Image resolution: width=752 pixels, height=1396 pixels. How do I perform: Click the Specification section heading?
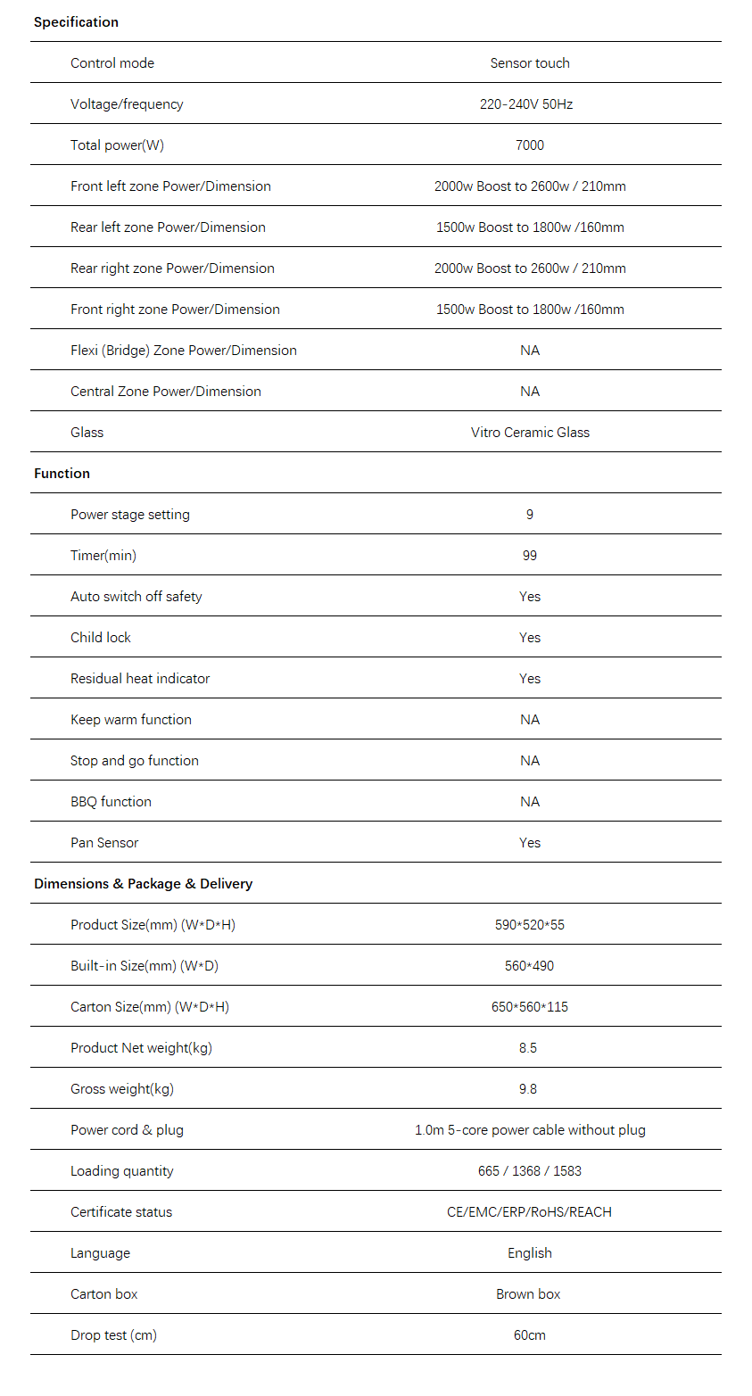click(x=76, y=22)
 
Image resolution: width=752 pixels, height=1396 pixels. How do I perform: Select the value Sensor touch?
click(x=530, y=63)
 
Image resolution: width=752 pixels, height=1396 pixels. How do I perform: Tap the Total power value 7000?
click(x=530, y=145)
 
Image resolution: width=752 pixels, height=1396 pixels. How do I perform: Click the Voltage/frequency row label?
click(x=127, y=104)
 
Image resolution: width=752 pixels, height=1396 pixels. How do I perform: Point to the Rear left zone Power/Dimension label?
click(x=168, y=227)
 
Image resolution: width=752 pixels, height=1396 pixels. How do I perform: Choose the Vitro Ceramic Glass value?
click(x=530, y=433)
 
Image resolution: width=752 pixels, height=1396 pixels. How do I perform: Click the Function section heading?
click(x=62, y=474)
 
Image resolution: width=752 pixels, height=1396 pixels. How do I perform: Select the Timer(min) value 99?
click(x=530, y=556)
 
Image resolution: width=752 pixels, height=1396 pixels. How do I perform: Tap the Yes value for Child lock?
click(x=530, y=638)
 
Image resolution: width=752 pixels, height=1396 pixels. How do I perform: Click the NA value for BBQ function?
click(x=530, y=802)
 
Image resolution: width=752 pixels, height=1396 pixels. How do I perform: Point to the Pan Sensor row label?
click(x=104, y=843)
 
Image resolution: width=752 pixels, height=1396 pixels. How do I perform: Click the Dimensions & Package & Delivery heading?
click(x=143, y=884)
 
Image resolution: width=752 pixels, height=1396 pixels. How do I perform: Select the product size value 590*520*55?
click(x=530, y=925)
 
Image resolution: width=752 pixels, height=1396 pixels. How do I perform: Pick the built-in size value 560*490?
click(x=530, y=966)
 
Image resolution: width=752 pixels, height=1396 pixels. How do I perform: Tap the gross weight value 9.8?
click(x=528, y=1089)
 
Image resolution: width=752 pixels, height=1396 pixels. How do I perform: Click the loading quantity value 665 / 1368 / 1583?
click(x=530, y=1171)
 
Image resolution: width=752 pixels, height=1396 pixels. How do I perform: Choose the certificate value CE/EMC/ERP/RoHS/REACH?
click(x=530, y=1212)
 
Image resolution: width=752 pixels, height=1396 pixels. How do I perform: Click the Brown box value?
click(x=528, y=1294)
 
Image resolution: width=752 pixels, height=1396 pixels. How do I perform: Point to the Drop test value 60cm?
click(x=530, y=1335)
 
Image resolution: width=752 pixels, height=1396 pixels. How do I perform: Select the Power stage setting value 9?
click(x=530, y=515)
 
